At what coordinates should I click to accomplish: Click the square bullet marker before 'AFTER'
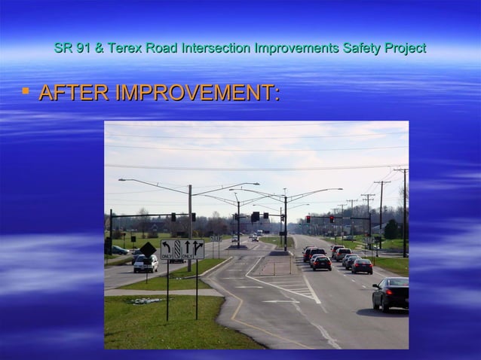[x=26, y=92]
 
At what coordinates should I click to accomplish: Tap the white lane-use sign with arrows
[x=182, y=249]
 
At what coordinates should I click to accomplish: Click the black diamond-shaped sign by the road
[x=149, y=249]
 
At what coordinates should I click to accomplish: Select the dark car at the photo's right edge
[x=391, y=293]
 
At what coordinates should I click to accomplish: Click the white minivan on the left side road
[x=146, y=263]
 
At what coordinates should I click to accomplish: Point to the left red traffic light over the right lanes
[x=308, y=219]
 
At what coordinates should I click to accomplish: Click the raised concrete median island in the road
[x=271, y=265]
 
